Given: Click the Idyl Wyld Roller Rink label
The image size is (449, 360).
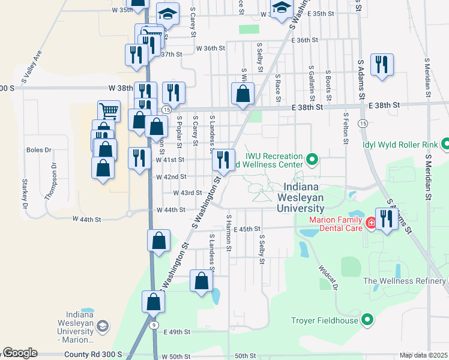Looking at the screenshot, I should click(x=399, y=144).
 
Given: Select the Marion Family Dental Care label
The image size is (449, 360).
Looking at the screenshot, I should click(x=336, y=223).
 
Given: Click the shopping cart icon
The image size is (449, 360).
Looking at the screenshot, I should click(x=109, y=110).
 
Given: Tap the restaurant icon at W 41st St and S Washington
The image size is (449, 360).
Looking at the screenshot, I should click(x=223, y=160).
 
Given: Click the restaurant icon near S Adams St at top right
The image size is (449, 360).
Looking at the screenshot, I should click(x=382, y=64).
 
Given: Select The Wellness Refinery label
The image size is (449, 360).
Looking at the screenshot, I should click(x=405, y=281).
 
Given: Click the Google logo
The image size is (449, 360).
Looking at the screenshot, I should click(x=20, y=353).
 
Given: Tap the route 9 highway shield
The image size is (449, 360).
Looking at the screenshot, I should click(x=154, y=325).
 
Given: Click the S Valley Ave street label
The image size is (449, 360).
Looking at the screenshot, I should click(x=31, y=65).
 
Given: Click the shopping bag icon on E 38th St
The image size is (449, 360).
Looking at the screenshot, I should click(x=243, y=94).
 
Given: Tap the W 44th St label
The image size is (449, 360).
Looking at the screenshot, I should click(x=170, y=210).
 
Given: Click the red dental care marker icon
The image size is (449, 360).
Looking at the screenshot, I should click(x=372, y=223).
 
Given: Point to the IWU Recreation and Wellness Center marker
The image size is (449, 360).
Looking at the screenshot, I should click(x=312, y=160).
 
